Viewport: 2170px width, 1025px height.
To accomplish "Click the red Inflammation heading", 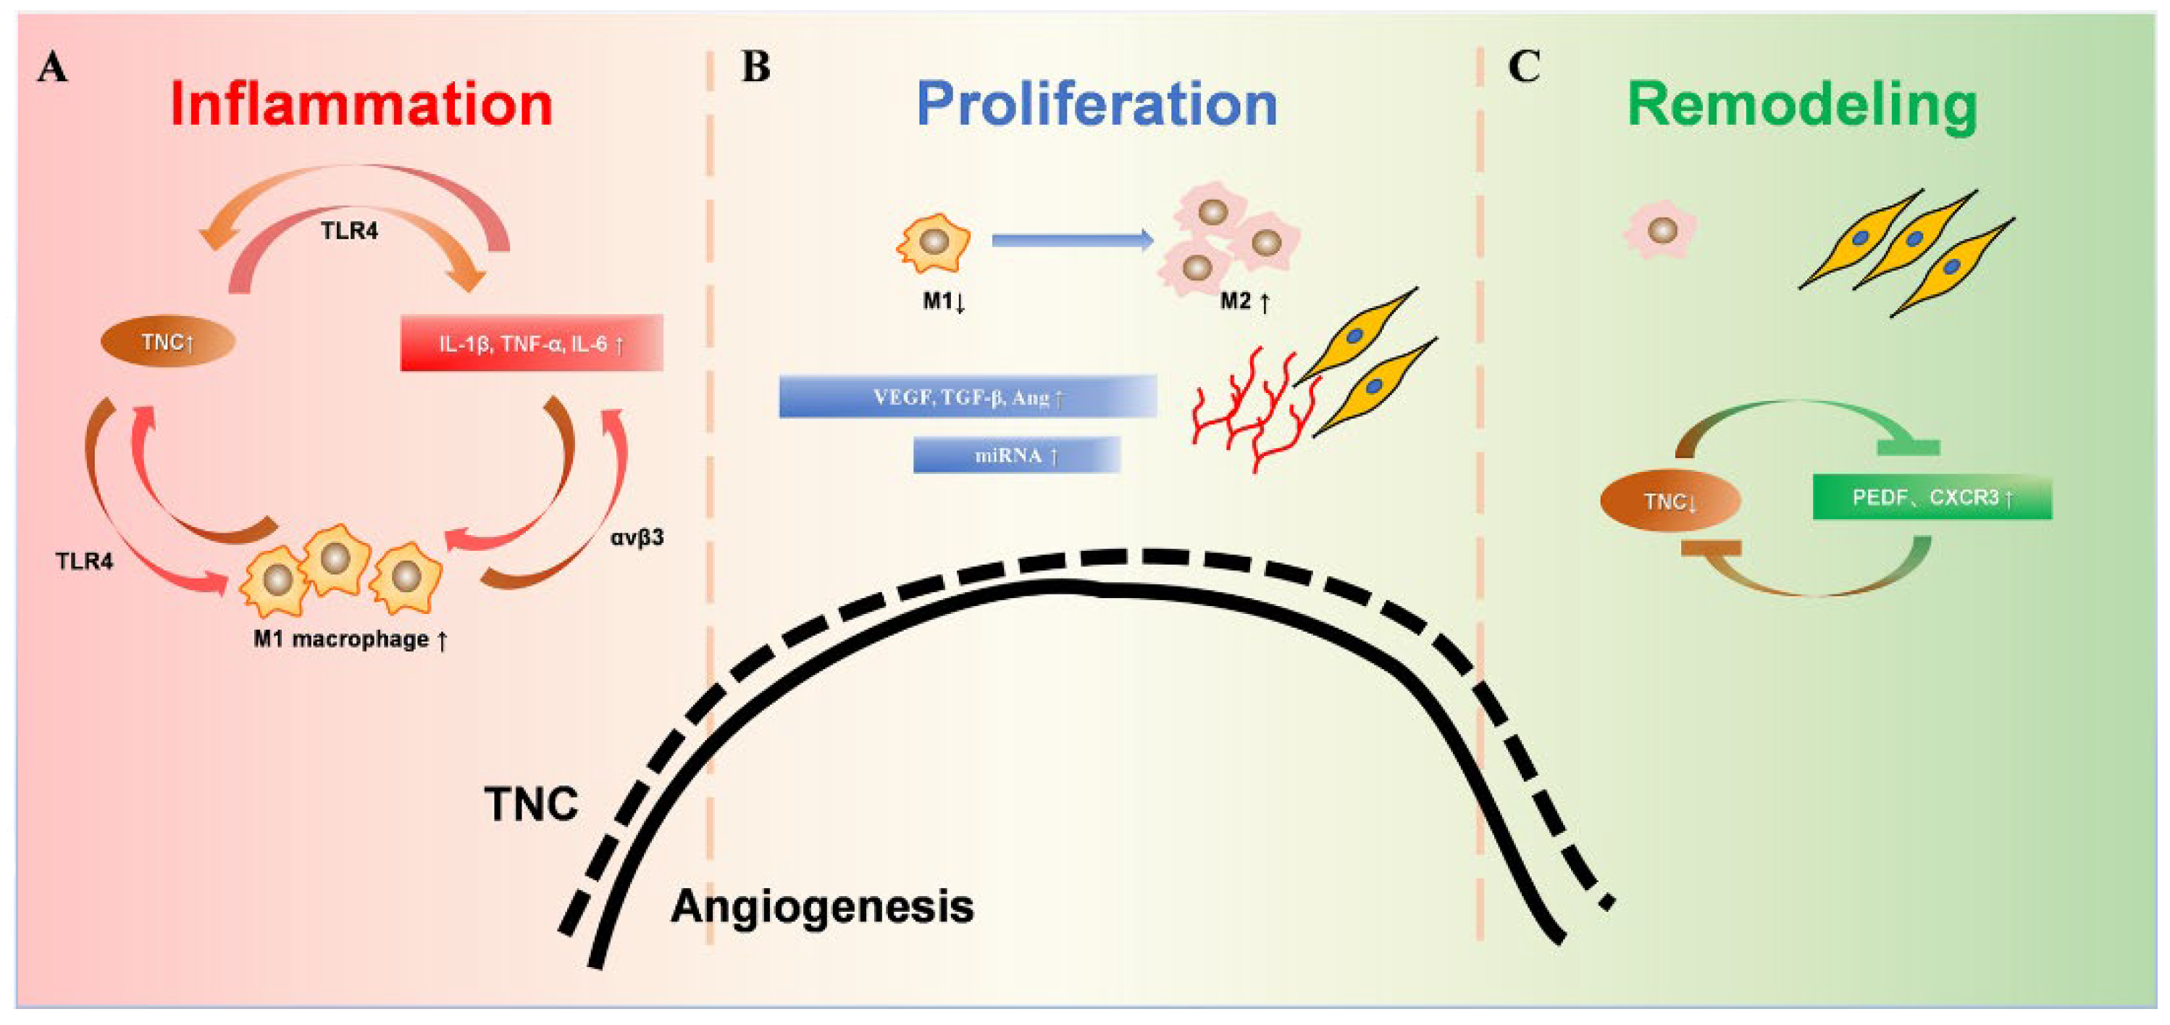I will point(361,104).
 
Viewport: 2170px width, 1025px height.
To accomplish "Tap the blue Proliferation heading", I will point(1096,104).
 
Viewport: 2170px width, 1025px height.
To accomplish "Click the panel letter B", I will point(755,67).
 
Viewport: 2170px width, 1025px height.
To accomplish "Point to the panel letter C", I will point(1523,67).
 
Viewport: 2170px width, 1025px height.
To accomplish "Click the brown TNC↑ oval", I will point(167,341).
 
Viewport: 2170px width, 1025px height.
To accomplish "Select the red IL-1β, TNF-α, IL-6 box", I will point(532,343).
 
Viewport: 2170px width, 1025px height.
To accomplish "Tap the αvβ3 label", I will point(637,537).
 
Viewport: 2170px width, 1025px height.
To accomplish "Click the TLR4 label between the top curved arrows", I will point(349,230).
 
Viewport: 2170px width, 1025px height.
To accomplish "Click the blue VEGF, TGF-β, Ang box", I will point(967,397).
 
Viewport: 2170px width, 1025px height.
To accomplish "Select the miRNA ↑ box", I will point(1016,455).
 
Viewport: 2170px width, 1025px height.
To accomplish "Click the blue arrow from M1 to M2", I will point(1071,240).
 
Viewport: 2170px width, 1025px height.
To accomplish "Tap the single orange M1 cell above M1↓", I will point(934,243).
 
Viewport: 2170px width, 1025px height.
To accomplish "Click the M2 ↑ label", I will point(1244,301).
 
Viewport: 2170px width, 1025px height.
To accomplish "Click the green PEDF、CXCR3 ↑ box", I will point(1932,497).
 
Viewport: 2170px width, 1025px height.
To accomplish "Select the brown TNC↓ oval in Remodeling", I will point(1670,502).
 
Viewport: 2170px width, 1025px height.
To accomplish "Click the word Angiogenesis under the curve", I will point(821,907).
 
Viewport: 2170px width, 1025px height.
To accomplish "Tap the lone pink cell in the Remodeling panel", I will point(1660,230).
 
